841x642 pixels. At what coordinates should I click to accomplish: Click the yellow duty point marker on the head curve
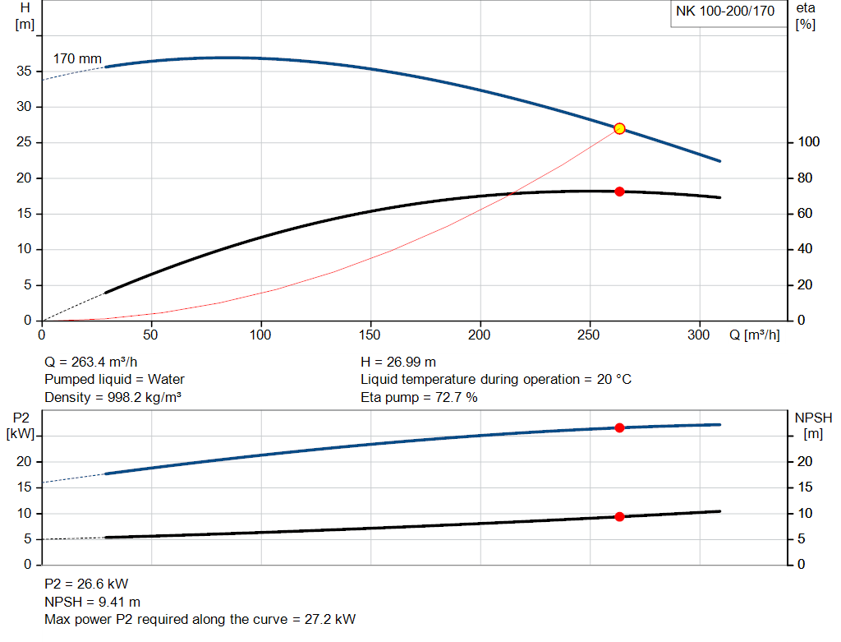pos(619,128)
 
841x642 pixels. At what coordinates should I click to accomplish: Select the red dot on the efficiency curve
pos(619,192)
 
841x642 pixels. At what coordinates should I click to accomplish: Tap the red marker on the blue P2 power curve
pos(619,427)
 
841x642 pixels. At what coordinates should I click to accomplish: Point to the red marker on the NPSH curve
pos(619,516)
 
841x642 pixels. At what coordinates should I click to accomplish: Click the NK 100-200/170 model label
pos(725,12)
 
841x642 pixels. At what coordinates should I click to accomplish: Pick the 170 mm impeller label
pos(77,59)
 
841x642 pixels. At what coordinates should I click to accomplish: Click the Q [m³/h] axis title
pos(754,335)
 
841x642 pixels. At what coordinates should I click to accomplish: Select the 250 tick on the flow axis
pos(590,335)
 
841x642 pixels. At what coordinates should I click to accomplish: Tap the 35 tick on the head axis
pos(24,72)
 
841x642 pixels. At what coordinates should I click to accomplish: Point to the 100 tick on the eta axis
pos(808,142)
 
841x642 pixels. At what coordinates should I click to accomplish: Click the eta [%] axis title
pos(806,16)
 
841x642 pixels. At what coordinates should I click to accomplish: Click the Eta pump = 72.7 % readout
pos(419,398)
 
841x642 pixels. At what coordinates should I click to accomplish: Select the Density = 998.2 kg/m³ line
pos(113,398)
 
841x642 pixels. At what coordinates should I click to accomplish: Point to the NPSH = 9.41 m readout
pos(92,602)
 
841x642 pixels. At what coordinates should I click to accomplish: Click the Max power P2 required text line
pos(200,620)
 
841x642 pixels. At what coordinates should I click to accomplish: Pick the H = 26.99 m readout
pos(398,362)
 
